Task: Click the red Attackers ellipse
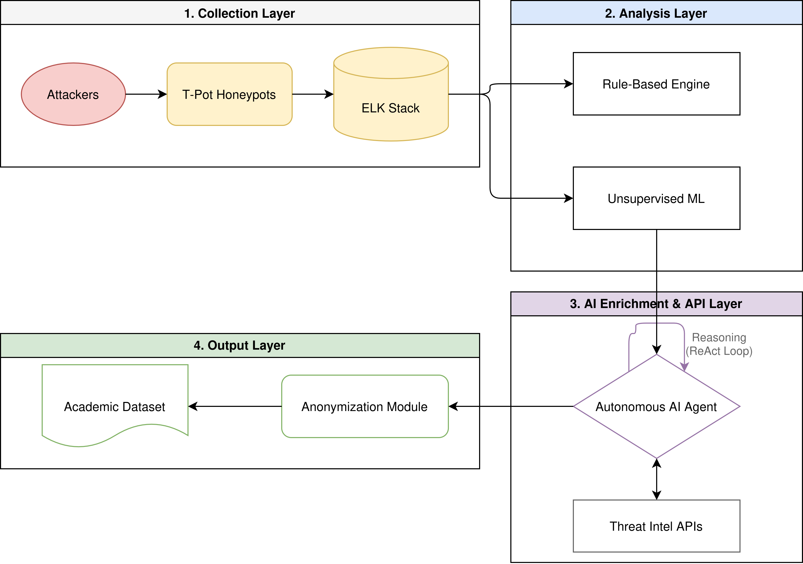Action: (x=73, y=94)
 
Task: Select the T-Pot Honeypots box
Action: (x=229, y=94)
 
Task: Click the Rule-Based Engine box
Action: (x=656, y=84)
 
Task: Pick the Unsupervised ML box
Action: (x=656, y=198)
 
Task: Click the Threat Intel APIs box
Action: (x=656, y=526)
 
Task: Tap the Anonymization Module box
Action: (x=365, y=406)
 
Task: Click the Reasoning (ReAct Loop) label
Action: (x=719, y=344)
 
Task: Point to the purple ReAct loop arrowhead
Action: (x=684, y=367)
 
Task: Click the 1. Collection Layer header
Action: (x=239, y=13)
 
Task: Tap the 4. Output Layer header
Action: (x=239, y=345)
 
